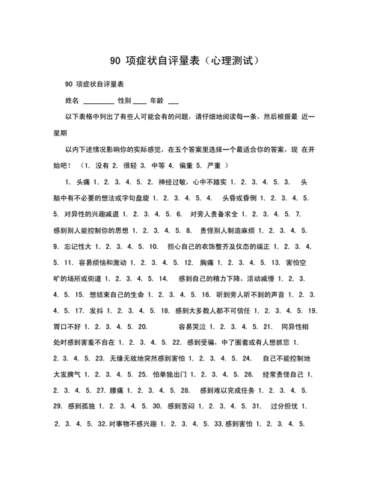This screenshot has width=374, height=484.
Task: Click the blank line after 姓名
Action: pyautogui.click(x=99, y=100)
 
